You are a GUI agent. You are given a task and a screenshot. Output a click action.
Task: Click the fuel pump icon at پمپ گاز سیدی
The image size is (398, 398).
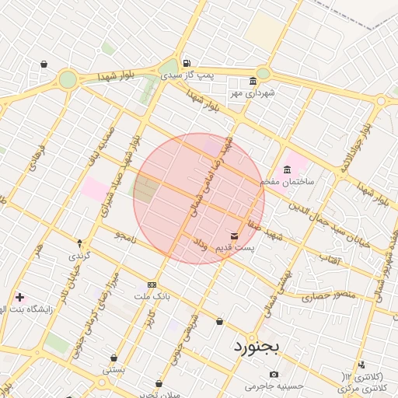pos(186,64)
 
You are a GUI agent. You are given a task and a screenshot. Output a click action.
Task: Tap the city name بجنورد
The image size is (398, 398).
pos(256,346)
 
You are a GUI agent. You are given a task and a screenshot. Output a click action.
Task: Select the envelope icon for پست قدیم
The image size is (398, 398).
pos(235,236)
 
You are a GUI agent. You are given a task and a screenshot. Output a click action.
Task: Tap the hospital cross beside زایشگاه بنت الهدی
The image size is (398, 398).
pos(19,297)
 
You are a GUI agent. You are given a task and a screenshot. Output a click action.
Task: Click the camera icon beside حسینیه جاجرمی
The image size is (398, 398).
pos(274,375)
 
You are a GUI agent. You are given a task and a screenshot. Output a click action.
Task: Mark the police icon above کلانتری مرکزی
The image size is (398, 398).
pos(361,365)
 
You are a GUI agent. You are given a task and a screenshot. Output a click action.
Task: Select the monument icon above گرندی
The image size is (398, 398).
pos(80,244)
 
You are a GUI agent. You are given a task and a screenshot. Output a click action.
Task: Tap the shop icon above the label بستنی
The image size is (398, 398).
pos(114,358)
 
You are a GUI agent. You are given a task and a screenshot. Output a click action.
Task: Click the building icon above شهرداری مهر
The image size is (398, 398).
pos(253,81)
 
